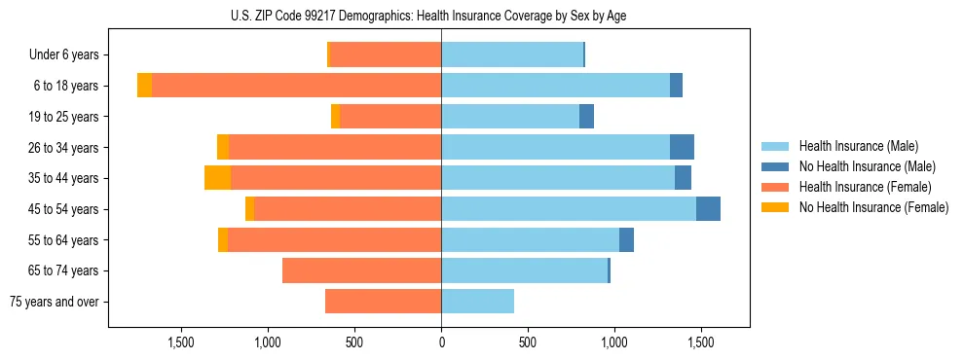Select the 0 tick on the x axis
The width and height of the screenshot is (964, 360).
click(441, 342)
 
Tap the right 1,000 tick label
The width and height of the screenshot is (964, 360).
click(614, 342)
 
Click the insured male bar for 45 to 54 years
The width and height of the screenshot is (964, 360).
click(569, 209)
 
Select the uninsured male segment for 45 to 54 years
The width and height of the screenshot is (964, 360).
click(708, 209)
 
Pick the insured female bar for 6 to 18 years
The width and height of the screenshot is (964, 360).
click(296, 86)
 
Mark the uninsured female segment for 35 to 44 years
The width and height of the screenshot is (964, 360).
click(217, 178)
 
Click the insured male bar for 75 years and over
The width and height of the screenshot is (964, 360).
click(477, 302)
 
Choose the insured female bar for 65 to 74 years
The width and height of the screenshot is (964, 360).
click(361, 270)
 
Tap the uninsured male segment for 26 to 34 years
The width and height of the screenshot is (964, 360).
click(682, 148)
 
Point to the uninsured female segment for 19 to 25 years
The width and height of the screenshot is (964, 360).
click(335, 117)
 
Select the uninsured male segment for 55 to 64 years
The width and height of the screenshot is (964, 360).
click(626, 240)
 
